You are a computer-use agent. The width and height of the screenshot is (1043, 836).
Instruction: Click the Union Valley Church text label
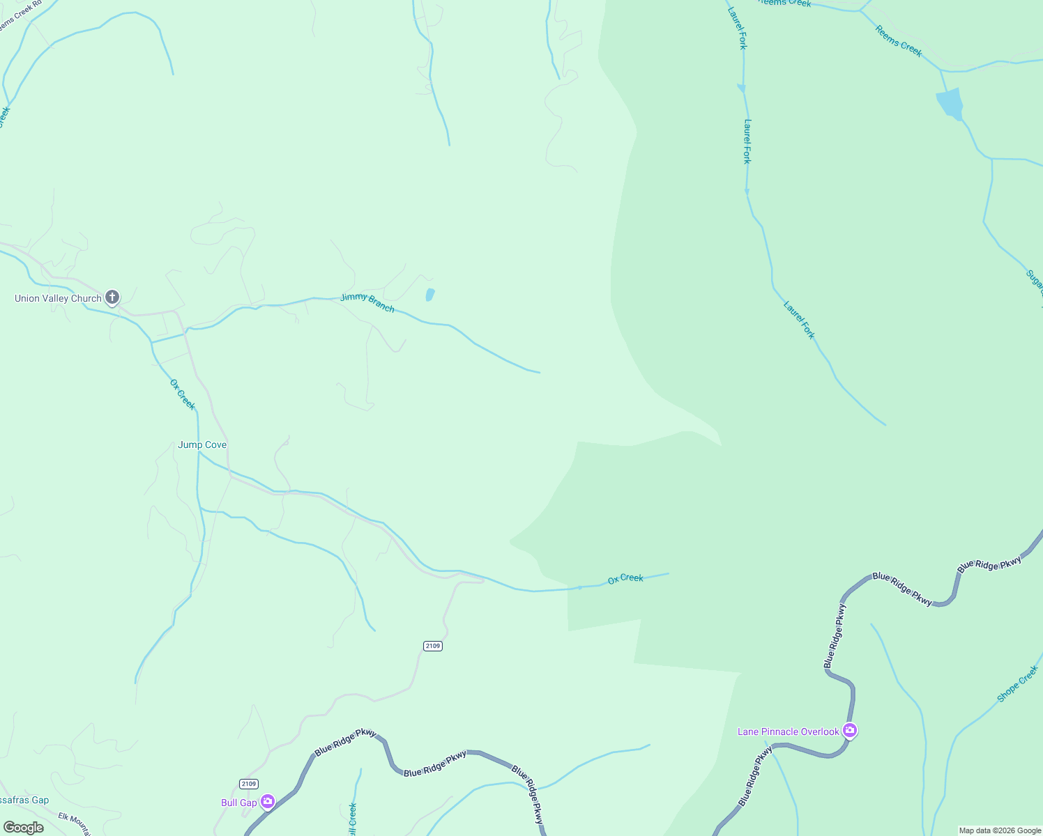[58, 299]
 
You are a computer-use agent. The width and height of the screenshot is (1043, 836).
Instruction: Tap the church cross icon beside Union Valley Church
[112, 297]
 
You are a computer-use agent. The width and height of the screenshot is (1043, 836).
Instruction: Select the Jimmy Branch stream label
[367, 303]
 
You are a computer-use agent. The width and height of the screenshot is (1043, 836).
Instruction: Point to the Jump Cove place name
[202, 445]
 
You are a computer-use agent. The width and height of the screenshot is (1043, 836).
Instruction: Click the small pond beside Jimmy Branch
[430, 295]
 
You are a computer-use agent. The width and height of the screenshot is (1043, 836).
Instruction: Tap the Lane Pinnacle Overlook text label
[789, 731]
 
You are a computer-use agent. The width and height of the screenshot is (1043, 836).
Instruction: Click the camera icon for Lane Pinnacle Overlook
[849, 731]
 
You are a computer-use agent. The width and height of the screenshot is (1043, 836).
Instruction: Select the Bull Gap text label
[238, 803]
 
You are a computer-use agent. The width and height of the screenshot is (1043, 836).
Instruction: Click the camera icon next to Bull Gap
[267, 802]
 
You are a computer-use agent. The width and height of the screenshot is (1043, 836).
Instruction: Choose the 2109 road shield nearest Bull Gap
[248, 784]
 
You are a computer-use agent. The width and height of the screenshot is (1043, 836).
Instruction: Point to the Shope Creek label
[1018, 683]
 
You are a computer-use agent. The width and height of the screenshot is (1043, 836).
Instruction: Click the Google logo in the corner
[24, 828]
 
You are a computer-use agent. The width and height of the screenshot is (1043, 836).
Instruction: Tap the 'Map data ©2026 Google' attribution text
[1000, 830]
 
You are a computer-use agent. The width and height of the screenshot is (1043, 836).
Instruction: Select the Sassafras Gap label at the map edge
[24, 800]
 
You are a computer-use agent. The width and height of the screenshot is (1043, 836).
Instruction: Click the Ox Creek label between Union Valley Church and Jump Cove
[183, 394]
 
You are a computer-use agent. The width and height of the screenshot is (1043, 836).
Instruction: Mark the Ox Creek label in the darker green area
[625, 578]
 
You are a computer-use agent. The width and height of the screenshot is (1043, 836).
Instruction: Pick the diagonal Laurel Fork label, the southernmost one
[799, 320]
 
